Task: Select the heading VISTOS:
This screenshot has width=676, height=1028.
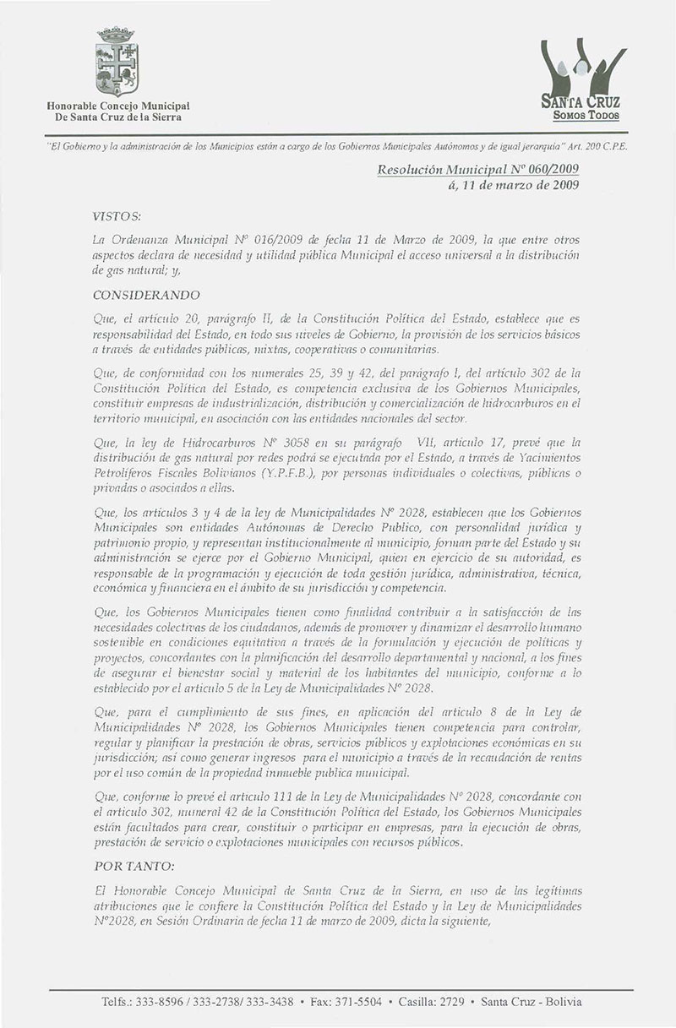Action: (117, 217)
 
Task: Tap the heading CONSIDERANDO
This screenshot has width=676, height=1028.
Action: (147, 295)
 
